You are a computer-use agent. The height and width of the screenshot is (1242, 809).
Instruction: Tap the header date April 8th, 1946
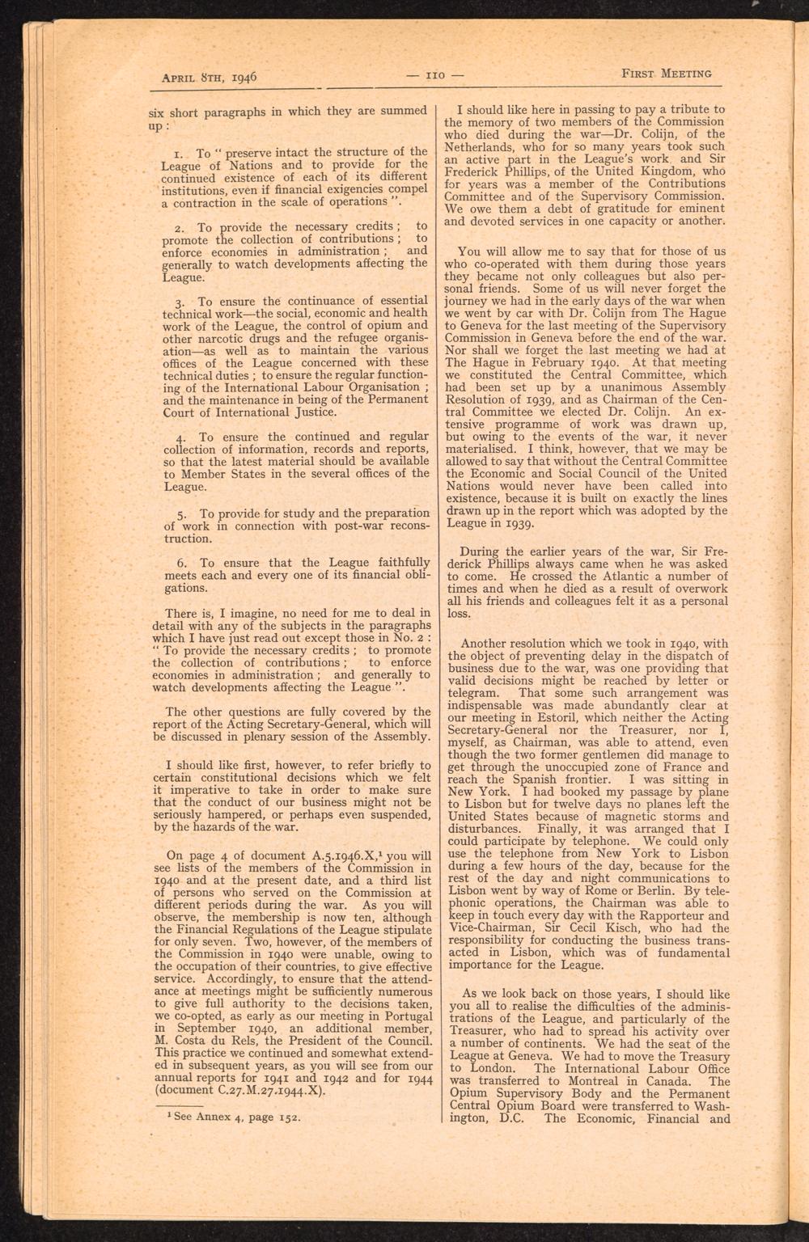(x=210, y=78)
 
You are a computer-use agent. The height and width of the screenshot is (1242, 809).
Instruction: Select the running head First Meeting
(x=666, y=73)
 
